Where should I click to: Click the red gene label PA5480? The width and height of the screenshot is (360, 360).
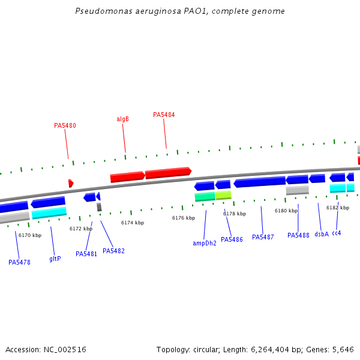(65, 126)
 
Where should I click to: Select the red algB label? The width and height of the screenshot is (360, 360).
(122, 119)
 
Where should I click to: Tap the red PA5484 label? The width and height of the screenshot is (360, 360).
(164, 115)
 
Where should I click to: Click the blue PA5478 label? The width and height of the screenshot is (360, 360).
(19, 262)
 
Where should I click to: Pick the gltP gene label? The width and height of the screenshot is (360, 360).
(55, 259)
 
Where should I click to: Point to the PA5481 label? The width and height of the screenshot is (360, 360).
(86, 254)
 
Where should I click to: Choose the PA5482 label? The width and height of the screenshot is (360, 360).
(113, 251)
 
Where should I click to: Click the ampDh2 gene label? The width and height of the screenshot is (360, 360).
(205, 243)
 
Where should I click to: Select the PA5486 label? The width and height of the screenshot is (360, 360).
(232, 239)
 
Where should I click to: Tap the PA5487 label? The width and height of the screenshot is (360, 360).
(263, 237)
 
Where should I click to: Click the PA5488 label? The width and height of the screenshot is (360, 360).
(298, 235)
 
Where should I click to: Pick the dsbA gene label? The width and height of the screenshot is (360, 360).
(322, 234)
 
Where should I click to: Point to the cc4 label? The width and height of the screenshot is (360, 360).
(336, 233)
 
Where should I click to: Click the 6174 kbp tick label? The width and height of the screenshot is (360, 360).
(133, 223)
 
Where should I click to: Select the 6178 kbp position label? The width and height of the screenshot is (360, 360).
(235, 214)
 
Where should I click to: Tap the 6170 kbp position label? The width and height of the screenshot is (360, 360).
(30, 235)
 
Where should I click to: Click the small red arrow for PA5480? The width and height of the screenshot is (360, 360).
(71, 183)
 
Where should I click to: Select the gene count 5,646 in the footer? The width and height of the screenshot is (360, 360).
(344, 349)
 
